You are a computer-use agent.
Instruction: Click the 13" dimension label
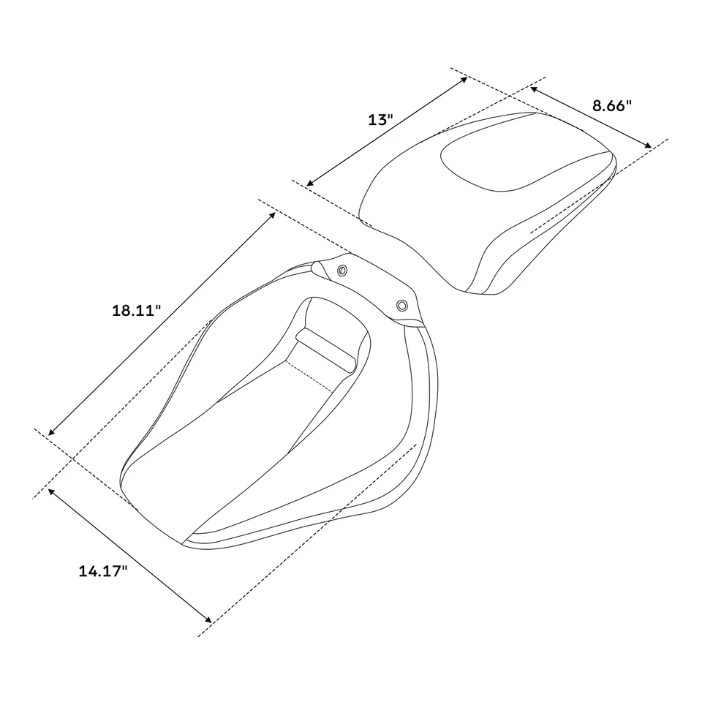(381, 119)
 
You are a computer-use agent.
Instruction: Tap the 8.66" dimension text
(611, 105)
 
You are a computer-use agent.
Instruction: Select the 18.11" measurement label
(136, 310)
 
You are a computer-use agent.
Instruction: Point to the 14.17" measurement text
(103, 571)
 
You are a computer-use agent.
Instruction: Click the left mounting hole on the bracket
(343, 272)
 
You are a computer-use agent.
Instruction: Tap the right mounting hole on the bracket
(401, 304)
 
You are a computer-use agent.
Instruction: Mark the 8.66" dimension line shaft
(591, 118)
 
